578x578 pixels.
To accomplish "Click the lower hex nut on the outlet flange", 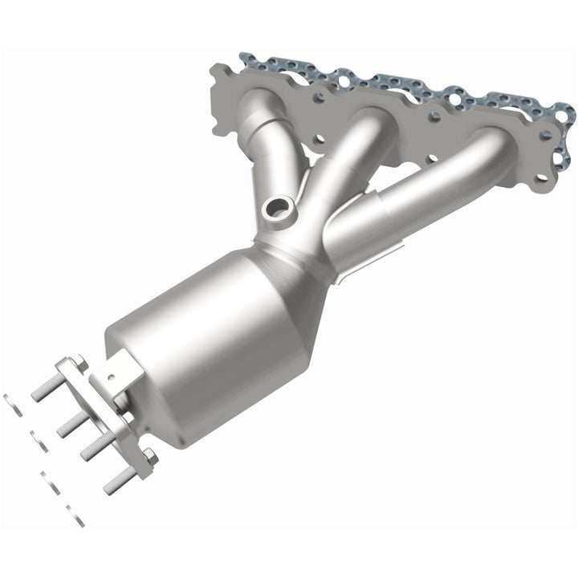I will pos(147,458).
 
